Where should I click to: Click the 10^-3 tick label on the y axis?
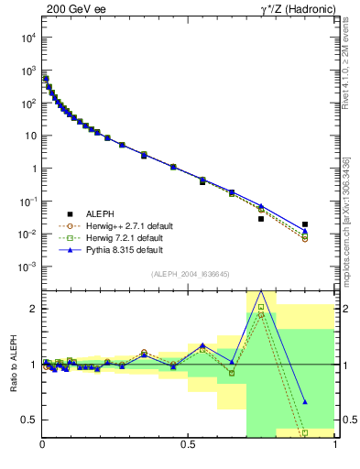pyautogui.click(x=28, y=267)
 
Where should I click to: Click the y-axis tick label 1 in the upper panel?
pyautogui.click(x=33, y=169)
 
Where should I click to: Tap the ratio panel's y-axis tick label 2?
pyautogui.click(x=33, y=310)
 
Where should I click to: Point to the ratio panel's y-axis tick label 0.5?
pyautogui.click(x=29, y=420)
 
